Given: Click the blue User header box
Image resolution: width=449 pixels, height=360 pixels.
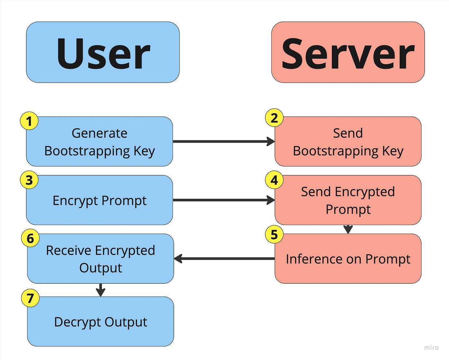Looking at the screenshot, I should (103, 52).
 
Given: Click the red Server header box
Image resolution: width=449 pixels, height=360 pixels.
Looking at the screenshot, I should (348, 52).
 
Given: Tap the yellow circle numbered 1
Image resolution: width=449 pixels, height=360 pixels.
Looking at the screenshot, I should (29, 121).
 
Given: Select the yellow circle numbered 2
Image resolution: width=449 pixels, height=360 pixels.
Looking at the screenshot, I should (274, 118).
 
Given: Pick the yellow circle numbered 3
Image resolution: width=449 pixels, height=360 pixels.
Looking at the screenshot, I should (29, 180).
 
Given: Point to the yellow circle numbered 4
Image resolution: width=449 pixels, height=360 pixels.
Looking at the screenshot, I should (274, 180).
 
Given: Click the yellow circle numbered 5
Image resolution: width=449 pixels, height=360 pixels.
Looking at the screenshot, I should (274, 235).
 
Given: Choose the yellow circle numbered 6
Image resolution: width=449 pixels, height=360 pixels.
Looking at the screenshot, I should (30, 239).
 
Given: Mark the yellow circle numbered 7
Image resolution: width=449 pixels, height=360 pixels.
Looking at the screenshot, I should (30, 298).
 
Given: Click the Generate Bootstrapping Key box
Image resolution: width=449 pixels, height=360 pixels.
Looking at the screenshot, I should (99, 142).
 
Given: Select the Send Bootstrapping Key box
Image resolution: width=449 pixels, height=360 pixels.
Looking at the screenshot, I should (348, 142).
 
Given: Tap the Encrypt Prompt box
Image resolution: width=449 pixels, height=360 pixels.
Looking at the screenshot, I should (99, 200).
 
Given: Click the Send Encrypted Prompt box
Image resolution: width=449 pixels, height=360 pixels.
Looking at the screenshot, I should (348, 200).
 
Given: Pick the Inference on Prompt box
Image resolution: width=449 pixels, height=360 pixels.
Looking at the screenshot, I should (348, 259).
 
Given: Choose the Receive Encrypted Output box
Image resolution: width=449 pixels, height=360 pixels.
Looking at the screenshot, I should (100, 259).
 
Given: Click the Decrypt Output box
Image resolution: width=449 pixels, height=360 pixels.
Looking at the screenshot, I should (100, 322).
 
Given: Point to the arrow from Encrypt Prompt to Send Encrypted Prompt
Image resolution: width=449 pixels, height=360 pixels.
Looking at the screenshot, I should (224, 200).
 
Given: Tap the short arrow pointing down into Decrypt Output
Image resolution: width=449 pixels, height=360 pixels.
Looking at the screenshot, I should (100, 290).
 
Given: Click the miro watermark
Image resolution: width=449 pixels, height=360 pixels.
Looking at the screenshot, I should (431, 347).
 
